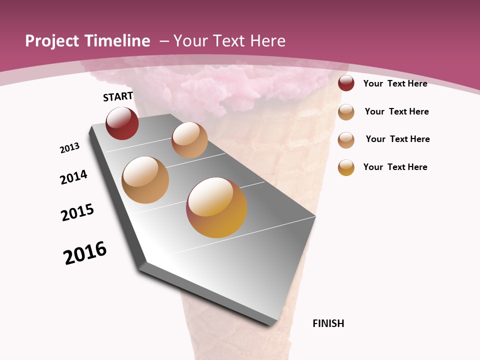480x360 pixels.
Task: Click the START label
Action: coord(118,96)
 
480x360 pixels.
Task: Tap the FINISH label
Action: coord(328,323)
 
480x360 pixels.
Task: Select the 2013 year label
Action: coord(69,148)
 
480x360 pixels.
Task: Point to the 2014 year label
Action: coord(73,177)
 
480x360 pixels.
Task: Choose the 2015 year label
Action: coord(77,212)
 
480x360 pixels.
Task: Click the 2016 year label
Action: coord(85,253)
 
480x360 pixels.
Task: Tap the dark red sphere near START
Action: coord(122,123)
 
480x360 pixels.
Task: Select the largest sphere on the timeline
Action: coord(216,207)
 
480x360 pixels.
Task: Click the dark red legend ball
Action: coord(346,83)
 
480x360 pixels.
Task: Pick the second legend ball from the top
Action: coord(346,112)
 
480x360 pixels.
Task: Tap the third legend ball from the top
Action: coord(346,140)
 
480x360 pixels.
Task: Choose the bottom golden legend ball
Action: coord(346,167)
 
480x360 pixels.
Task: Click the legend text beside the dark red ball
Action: coord(395,83)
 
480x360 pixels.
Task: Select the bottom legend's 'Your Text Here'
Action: coord(395,167)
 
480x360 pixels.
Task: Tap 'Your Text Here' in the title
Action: coord(229,41)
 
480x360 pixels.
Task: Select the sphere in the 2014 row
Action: coord(145,180)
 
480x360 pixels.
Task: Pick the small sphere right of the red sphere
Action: coord(189,140)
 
